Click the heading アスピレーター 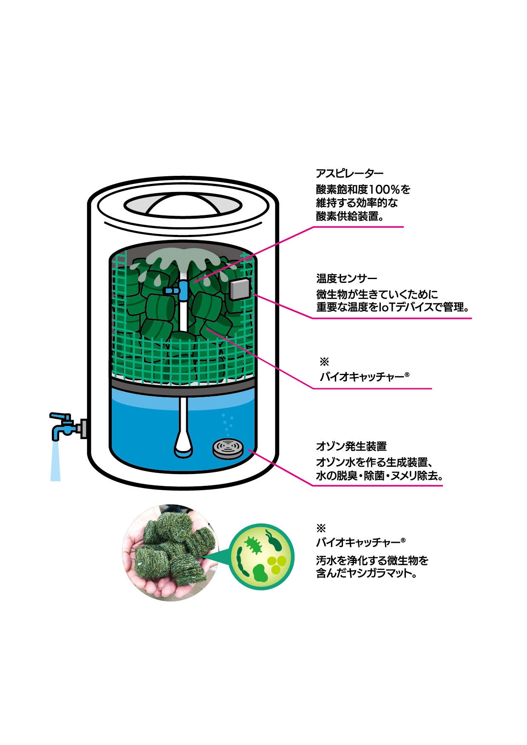pos(349,173)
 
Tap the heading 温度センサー pos(346,279)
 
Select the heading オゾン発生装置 pos(351,446)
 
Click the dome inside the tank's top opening pos(183,204)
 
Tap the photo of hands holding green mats pos(170,552)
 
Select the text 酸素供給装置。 pos(350,216)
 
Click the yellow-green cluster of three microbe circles pos(276,563)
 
